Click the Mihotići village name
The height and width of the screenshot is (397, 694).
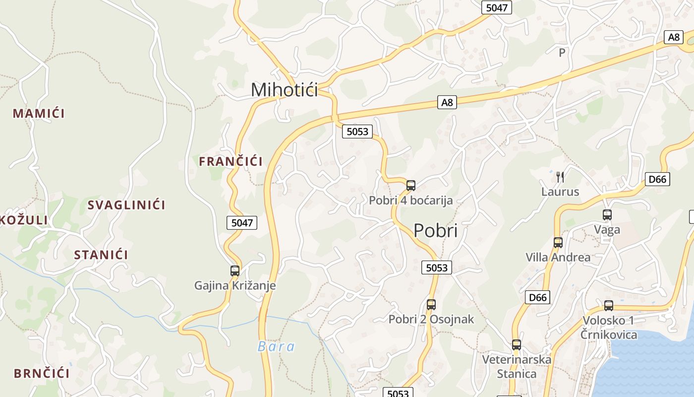pos(284,90)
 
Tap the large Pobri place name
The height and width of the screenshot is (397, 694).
pos(435,231)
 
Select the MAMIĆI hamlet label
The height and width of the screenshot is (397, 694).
pos(39,113)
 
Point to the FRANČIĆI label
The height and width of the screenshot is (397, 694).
pos(231,161)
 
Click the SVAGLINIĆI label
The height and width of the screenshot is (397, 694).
pos(126,205)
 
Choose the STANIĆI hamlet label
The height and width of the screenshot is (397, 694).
pos(101,255)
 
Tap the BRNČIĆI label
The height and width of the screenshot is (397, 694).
pos(42,374)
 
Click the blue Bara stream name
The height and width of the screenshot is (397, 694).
pos(276,346)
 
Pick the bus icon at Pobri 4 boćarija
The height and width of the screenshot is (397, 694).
pos(410,186)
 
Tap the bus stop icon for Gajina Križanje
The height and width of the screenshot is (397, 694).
pos(235,271)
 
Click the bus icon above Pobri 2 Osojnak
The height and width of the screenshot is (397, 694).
pos(431,305)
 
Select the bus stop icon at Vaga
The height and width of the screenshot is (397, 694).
pos(607,215)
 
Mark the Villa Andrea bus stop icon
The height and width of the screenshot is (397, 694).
pos(558,243)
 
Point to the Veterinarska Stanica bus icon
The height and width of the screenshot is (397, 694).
pos(517,345)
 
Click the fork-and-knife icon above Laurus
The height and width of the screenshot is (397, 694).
pos(560,177)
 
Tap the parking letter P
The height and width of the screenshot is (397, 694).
pos(562,53)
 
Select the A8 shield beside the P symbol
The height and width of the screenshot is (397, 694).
pos(674,37)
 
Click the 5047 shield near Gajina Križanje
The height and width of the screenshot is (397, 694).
pos(242,223)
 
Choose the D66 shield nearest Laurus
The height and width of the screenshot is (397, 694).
pos(657,179)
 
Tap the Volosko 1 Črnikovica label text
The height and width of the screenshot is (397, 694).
pos(609,328)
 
